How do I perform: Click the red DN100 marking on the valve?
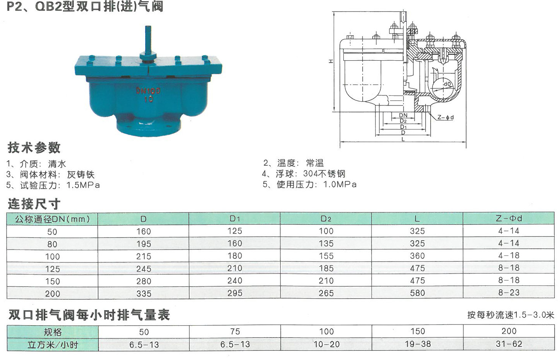coord(148,90)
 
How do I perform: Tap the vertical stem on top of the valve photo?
coord(148,39)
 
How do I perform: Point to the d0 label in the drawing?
coord(447,84)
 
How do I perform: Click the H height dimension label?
coord(331,61)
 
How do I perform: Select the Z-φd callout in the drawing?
coord(446,117)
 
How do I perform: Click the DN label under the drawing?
coord(403,115)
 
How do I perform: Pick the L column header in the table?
coord(417,219)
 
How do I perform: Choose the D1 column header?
coord(234,219)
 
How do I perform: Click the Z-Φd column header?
coord(509,219)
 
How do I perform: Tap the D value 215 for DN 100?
coord(144,256)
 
